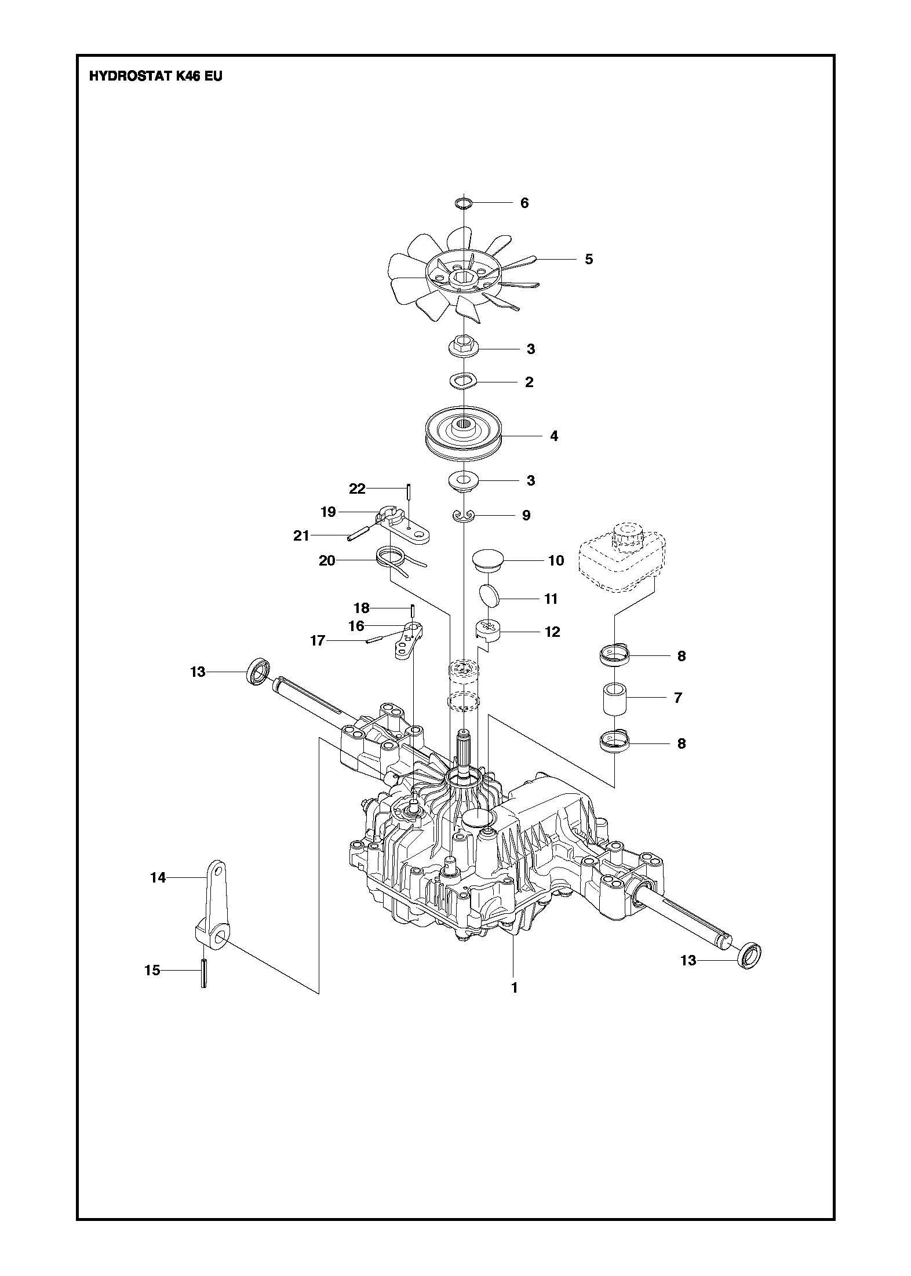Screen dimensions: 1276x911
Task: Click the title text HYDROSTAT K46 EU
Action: (x=155, y=76)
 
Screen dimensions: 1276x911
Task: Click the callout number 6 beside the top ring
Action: (x=524, y=203)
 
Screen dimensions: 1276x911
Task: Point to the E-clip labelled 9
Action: (x=464, y=516)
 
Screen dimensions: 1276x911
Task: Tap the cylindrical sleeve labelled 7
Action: (x=614, y=698)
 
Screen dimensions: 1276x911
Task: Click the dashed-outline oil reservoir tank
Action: (x=620, y=556)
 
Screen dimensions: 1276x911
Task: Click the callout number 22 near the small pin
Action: (x=358, y=488)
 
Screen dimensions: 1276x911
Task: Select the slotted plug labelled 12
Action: (x=488, y=629)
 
